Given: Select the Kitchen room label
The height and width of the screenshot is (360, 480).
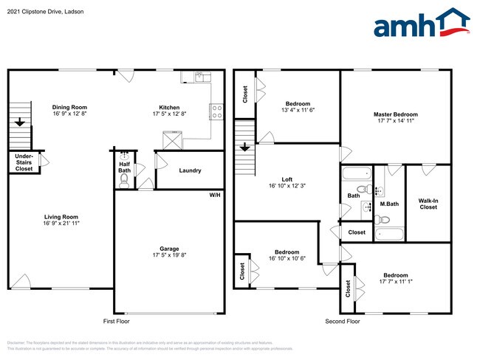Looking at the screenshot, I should tap(169, 107).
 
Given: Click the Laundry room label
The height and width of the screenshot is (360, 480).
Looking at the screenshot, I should tap(190, 170).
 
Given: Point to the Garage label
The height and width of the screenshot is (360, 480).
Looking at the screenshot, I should tap(169, 249).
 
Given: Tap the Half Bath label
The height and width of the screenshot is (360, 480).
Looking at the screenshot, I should tap(124, 167).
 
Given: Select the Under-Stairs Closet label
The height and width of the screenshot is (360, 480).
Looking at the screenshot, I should tap(24, 162).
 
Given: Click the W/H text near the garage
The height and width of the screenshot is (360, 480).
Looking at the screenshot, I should tap(215, 195).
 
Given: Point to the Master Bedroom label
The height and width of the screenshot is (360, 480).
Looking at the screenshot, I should tap(395, 114).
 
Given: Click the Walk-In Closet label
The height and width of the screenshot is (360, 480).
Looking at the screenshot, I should tap(428, 204).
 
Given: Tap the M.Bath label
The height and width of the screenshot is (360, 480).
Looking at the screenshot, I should tap(389, 204).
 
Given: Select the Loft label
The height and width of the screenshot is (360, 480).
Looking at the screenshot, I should tap(287, 179).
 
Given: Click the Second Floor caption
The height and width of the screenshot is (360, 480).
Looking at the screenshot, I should tap(343, 322).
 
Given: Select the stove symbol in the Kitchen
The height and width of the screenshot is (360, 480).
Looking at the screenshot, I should tap(217, 111).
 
